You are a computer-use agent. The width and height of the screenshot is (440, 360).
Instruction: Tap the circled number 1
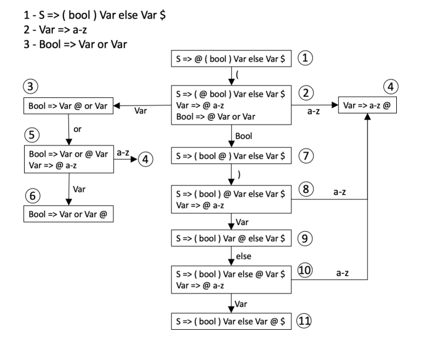tap(306, 59)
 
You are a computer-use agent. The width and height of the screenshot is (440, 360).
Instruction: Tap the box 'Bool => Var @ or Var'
tap(68, 106)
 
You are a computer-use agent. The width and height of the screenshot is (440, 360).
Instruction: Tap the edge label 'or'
tap(78, 130)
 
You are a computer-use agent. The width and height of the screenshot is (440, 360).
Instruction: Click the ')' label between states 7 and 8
tap(239, 173)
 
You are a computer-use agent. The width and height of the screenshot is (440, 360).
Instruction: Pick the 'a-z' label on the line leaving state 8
tap(340, 192)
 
